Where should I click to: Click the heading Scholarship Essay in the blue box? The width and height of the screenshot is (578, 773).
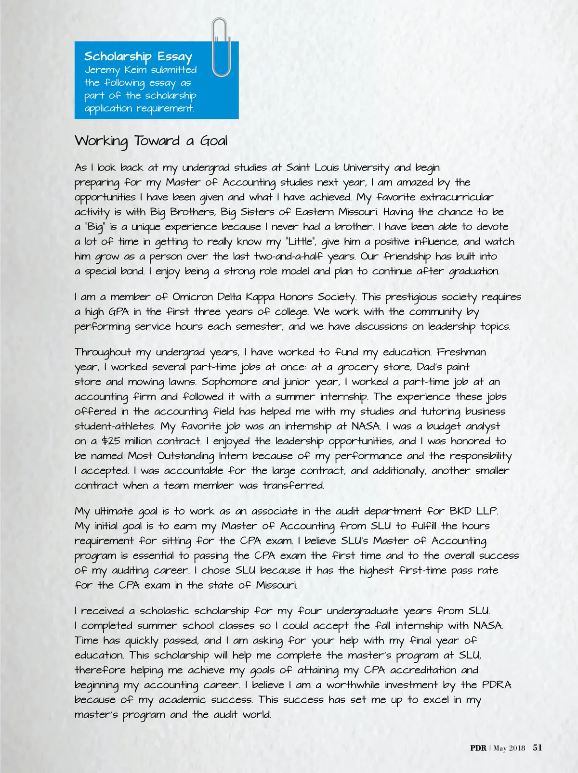coord(138,57)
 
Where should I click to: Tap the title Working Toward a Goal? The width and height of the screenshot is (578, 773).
coord(151,141)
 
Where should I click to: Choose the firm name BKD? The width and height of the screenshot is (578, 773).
coord(461,511)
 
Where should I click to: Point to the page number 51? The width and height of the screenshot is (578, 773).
coord(538,747)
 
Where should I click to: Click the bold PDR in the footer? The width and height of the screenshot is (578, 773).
coord(478,748)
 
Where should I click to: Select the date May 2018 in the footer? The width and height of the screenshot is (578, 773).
coord(510,748)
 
